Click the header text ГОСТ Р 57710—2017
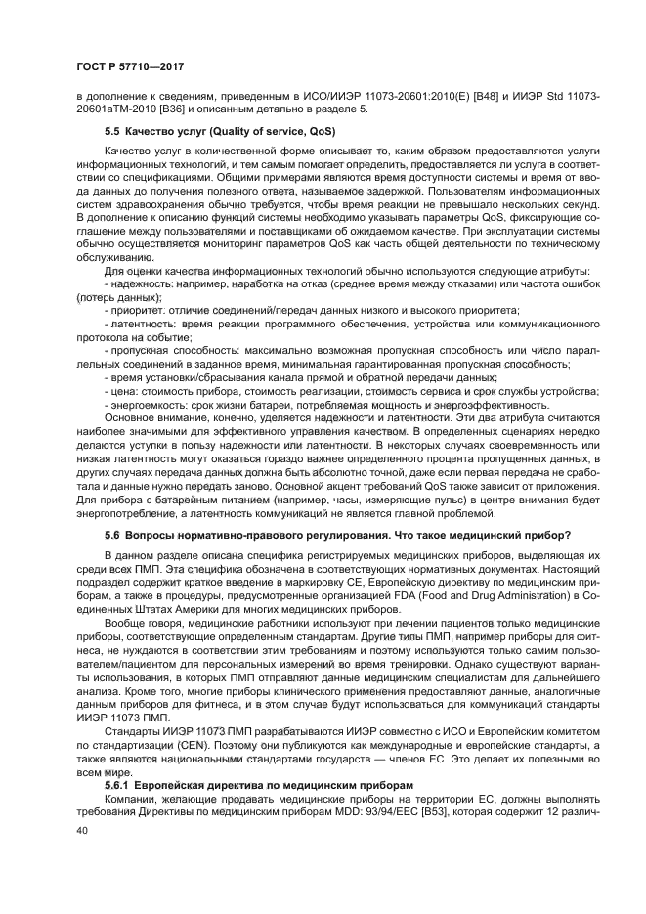coord(130,66)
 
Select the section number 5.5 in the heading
coord(111,130)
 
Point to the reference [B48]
coord(486,96)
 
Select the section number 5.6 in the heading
coord(111,537)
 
